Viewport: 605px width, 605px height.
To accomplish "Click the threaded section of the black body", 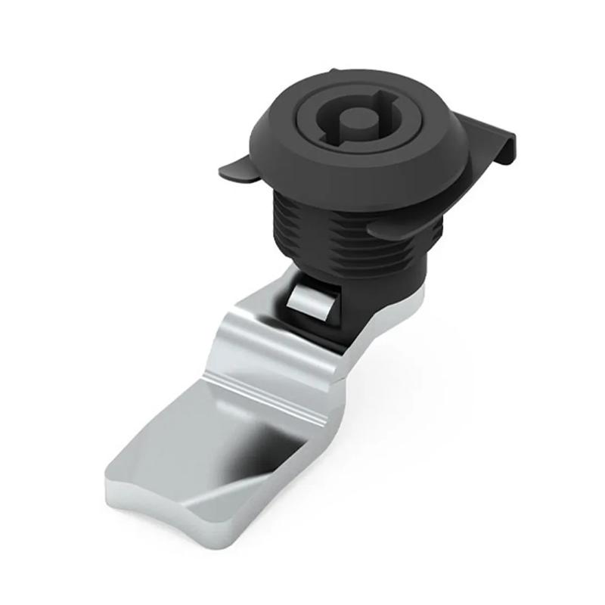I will tap(333, 227).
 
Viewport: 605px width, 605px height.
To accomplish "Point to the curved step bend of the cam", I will tap(250, 333).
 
